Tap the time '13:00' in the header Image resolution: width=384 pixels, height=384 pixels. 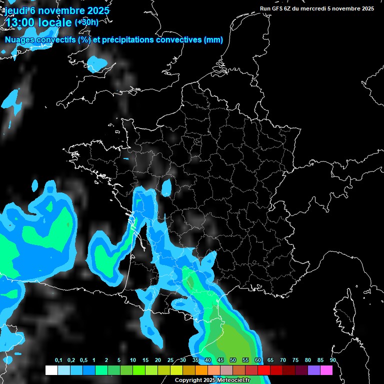pyautogui.click(x=20, y=22)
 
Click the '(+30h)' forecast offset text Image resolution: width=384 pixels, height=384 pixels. pyautogui.click(x=86, y=22)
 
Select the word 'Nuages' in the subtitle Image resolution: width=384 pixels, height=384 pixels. pyautogui.click(x=20, y=40)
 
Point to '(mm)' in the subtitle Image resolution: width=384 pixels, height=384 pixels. pyautogui.click(x=213, y=40)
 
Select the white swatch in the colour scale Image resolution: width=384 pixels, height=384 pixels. pyautogui.click(x=51, y=370)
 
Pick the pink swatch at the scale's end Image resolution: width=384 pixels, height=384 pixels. pyautogui.click(x=326, y=370)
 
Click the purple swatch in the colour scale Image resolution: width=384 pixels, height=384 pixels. pyautogui.click(x=314, y=370)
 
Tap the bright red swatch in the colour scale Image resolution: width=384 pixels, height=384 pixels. pyautogui.click(x=264, y=370)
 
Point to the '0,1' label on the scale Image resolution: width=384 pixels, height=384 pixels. pyautogui.click(x=58, y=360)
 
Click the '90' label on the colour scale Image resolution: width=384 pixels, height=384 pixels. pyautogui.click(x=333, y=360)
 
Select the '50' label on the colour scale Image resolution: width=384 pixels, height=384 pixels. pyautogui.click(x=233, y=360)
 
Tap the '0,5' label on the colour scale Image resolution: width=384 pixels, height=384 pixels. pyautogui.click(x=83, y=360)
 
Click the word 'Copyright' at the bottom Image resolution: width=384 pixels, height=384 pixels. pyautogui.click(x=188, y=380)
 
